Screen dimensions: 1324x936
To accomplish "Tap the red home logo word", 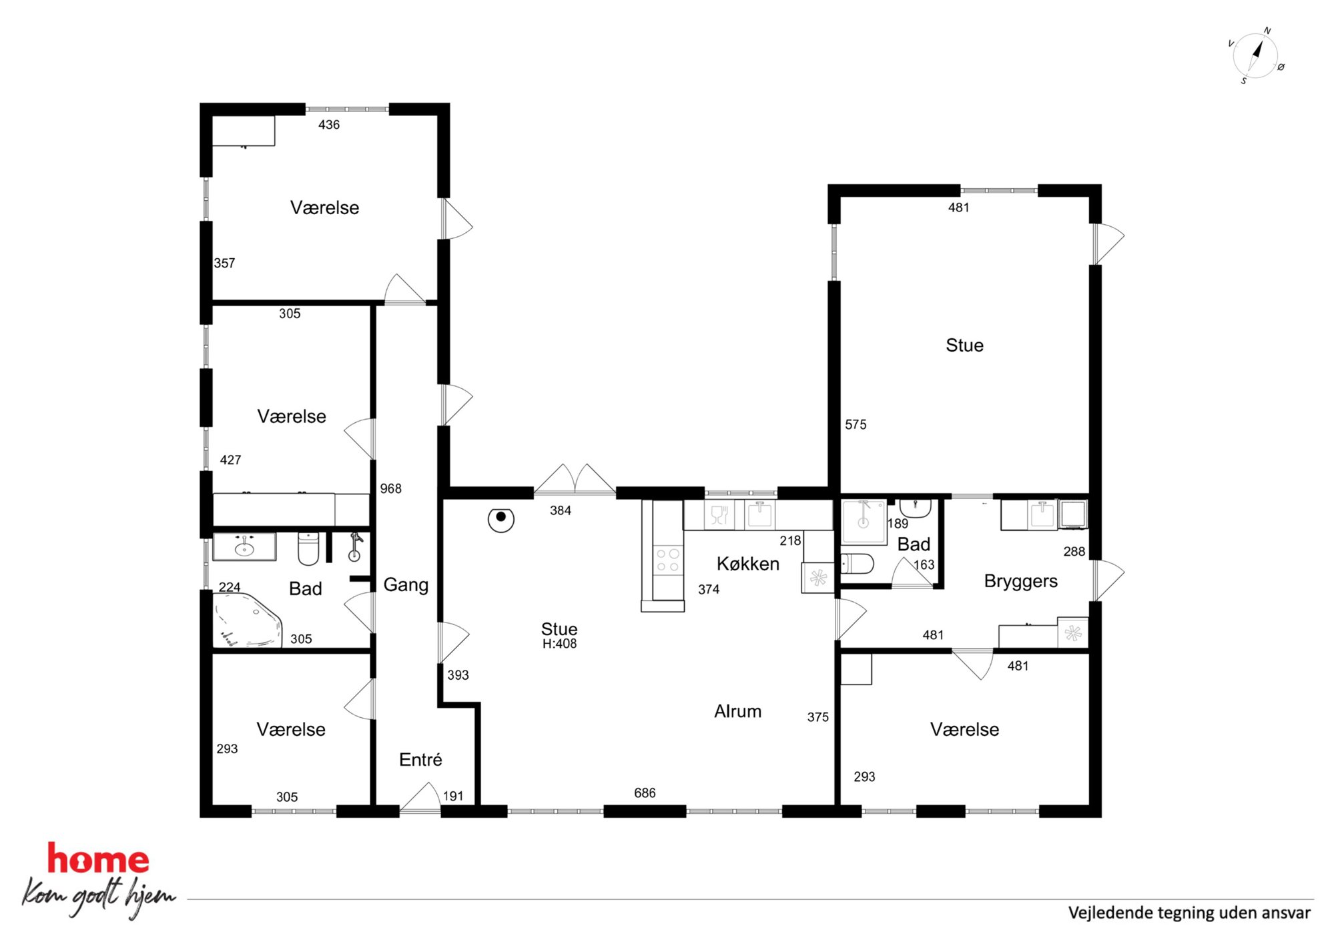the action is point(98,859).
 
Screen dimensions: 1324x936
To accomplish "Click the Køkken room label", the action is point(747,564).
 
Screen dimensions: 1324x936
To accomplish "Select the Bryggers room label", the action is point(1020,581).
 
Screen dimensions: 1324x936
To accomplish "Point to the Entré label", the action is point(420,759).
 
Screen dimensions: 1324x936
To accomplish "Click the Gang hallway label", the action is point(406,585).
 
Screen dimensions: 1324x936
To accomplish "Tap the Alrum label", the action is point(737,711).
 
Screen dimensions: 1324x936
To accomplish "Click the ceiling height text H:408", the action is point(559,644).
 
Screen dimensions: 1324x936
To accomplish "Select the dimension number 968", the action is point(391,489).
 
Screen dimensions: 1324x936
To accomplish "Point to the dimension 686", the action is point(645,793).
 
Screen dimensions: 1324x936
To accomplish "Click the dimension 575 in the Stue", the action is point(856,424).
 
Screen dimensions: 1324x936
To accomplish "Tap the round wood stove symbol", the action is point(501,520).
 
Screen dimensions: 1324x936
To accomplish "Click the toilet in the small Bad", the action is point(857,564).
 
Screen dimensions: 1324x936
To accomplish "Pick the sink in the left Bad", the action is point(244,547).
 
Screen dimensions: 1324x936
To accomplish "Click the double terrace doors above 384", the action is point(575,480).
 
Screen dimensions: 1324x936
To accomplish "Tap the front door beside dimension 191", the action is point(420,799).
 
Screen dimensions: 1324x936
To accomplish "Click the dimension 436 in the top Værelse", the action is point(329,125).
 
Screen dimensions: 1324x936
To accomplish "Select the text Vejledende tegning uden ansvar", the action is point(1189,913).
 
